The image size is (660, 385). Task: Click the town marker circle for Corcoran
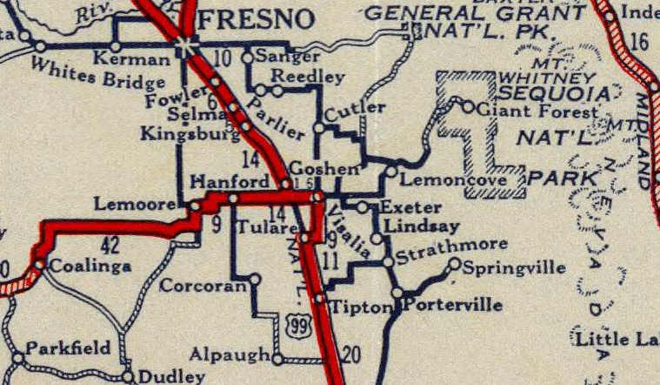coord(255,280)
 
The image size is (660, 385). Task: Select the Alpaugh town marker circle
coord(277,359)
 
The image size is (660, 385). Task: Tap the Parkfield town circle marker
coord(18,357)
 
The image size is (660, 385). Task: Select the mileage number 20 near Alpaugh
coord(350,354)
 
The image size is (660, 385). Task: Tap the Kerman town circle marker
coord(115,46)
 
